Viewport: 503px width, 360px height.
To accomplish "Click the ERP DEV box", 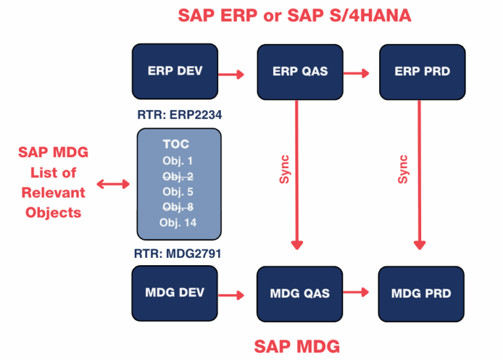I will (x=175, y=71).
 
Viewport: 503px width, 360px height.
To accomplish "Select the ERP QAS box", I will (x=299, y=72).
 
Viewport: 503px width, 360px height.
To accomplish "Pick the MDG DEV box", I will (x=175, y=292).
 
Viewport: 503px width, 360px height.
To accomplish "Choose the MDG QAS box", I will (x=299, y=293).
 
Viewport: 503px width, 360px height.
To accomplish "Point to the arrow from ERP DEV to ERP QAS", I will (x=231, y=74).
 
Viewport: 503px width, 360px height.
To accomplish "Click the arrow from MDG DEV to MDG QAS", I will (x=231, y=295).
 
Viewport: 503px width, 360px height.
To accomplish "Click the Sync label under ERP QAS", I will (x=285, y=170).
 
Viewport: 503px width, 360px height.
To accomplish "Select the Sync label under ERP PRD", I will (x=403, y=170).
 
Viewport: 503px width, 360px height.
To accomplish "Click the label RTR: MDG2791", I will (x=179, y=252).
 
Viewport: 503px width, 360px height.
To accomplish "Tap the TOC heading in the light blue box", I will (x=179, y=145).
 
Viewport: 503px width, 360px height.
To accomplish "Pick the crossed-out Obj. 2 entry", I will (x=179, y=176).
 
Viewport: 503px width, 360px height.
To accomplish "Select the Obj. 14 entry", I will (x=179, y=223).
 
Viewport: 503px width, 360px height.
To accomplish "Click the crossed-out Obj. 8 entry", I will (x=179, y=207).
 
